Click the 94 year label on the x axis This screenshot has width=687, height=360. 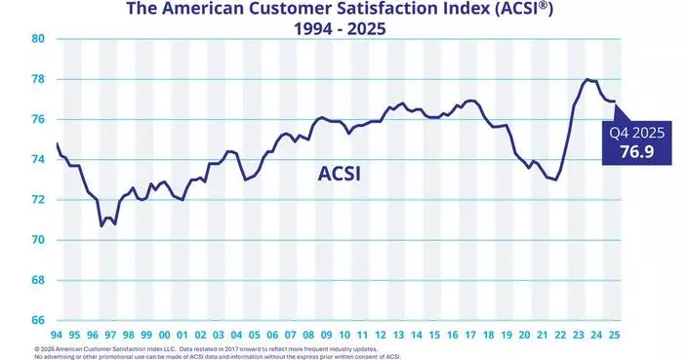[58, 334]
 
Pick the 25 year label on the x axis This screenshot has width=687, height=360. [614, 334]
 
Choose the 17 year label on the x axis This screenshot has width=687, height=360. [470, 334]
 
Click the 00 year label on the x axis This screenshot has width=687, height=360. [165, 334]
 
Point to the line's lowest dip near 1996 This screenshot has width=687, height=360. [101, 225]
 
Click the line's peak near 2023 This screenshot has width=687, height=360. [586, 79]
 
